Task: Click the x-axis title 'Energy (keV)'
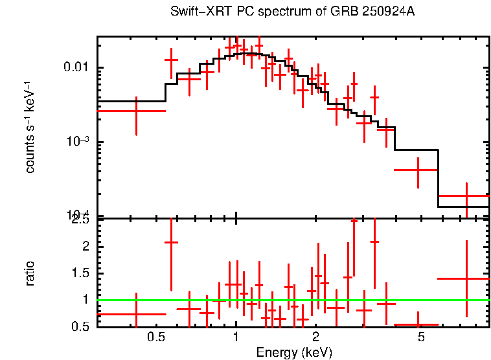pyautogui.click(x=293, y=352)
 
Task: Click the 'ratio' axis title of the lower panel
pyautogui.click(x=30, y=273)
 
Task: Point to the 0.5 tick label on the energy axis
pyautogui.click(x=155, y=337)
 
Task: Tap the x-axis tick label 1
pyautogui.click(x=236, y=337)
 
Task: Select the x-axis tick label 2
pyautogui.click(x=315, y=337)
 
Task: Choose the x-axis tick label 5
pyautogui.click(x=421, y=337)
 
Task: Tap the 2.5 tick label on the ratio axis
pyautogui.click(x=81, y=220)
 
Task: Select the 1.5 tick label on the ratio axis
pyautogui.click(x=81, y=273)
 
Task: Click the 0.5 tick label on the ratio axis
pyautogui.click(x=81, y=326)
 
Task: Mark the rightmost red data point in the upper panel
pyautogui.click(x=466, y=196)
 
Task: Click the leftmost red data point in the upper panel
pyautogui.click(x=136, y=111)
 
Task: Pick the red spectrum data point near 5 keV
pyautogui.click(x=418, y=170)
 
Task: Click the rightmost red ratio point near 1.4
pyautogui.click(x=466, y=278)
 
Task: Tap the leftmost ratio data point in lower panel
pyautogui.click(x=136, y=314)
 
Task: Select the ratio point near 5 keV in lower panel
pyautogui.click(x=418, y=324)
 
